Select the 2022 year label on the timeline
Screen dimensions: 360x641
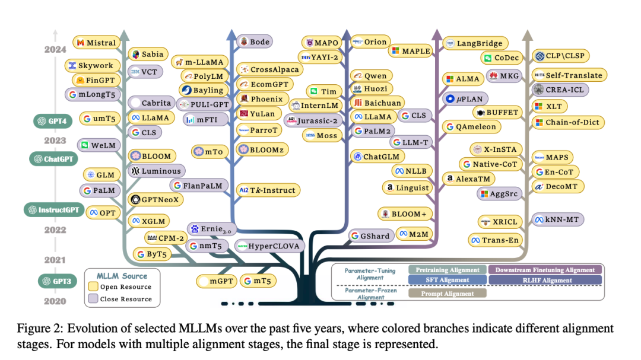(x=55, y=230)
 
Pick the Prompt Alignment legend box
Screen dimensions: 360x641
(x=448, y=293)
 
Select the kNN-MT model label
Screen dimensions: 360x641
(x=558, y=219)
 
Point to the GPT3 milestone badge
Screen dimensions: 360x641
(x=57, y=281)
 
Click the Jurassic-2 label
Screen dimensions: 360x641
(x=313, y=120)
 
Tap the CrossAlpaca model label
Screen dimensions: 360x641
(x=269, y=69)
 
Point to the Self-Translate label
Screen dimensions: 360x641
(x=568, y=75)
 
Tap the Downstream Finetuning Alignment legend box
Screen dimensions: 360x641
(x=544, y=270)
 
